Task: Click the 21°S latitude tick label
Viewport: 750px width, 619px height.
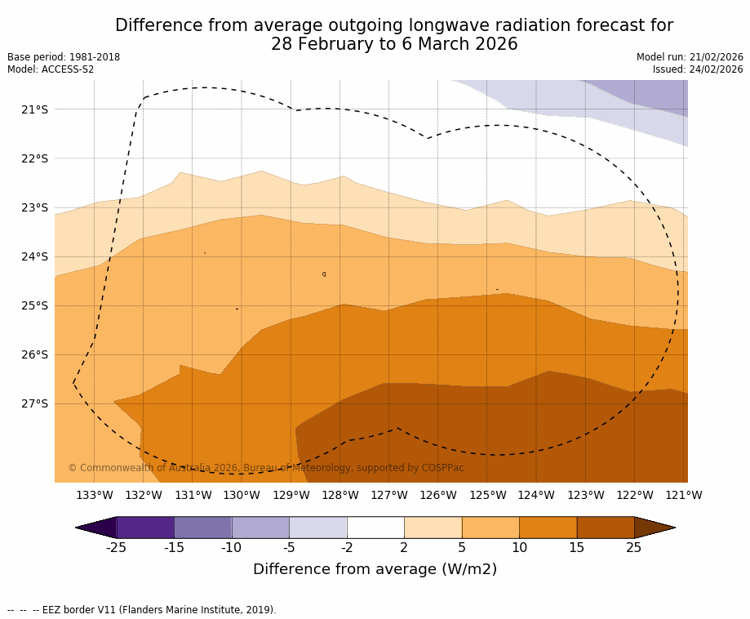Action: pos(34,109)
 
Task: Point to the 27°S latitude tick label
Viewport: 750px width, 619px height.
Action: pos(34,403)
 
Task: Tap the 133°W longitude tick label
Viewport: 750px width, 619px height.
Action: pos(95,495)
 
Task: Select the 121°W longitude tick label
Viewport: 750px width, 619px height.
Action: pos(684,495)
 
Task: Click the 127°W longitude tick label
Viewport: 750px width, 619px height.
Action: pos(389,495)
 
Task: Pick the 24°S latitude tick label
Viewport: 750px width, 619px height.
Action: pos(34,256)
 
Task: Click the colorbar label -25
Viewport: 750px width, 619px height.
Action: pos(117,548)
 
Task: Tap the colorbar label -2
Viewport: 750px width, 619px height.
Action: pos(347,548)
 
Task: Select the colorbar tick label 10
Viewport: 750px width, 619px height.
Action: pos(519,548)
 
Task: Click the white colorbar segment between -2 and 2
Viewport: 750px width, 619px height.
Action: pos(375,528)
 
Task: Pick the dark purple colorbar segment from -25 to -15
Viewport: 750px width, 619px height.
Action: pos(145,528)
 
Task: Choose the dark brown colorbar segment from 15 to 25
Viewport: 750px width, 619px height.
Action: pos(606,528)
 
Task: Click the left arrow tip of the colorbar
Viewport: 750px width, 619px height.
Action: pos(78,528)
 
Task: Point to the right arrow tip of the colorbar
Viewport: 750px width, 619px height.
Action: pos(673,528)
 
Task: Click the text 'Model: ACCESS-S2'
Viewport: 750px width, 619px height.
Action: pos(51,69)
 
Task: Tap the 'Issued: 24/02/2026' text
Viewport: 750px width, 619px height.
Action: pos(698,69)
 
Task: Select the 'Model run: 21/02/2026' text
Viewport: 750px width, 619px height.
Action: pos(690,57)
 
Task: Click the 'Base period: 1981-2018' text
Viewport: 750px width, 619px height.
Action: pos(64,57)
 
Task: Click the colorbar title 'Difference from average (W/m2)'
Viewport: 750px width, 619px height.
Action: pos(375,569)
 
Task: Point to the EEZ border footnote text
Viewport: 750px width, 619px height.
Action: pos(141,610)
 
